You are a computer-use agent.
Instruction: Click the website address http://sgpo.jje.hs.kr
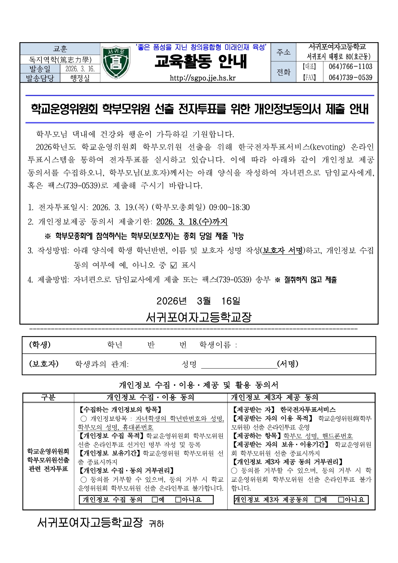coord(202,78)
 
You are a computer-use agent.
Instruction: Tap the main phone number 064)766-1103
coord(350,67)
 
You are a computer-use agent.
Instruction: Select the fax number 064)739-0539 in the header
coord(350,78)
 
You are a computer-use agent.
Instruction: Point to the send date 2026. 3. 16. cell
coord(80,69)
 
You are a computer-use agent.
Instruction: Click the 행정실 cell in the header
coord(80,78)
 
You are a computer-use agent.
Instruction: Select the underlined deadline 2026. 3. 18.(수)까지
coord(192,222)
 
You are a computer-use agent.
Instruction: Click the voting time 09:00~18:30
coord(229,207)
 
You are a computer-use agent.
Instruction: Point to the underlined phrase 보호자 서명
coord(283,250)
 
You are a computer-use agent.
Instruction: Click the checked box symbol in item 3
coord(173,265)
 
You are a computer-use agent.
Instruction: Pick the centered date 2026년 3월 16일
coord(198,301)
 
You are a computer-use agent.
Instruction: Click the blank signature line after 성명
coord(239,365)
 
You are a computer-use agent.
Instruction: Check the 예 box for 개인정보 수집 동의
coord(155,500)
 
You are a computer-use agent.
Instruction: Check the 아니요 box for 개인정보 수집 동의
coord(178,500)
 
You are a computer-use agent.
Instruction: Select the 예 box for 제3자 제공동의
coord(317,500)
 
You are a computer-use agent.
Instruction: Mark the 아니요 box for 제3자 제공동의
coord(341,500)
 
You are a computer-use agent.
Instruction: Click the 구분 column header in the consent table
coord(48,397)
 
